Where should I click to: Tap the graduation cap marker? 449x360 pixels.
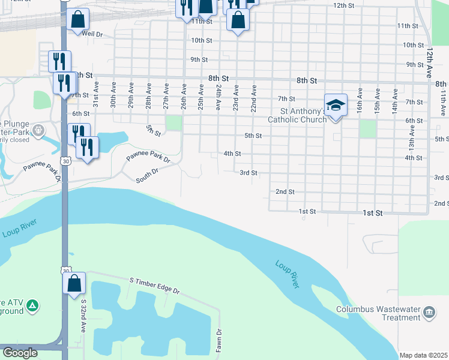pos(336,105)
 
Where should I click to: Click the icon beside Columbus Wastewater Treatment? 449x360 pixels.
pos(429,311)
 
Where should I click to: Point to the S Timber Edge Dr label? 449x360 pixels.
pos(154,286)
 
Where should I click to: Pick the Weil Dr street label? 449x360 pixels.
pos(93,34)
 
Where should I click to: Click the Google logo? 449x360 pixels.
pos(20,353)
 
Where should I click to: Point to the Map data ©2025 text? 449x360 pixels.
pos(424,355)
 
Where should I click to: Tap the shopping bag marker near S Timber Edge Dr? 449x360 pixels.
pos(74,283)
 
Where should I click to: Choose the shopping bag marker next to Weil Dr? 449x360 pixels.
pos(78,19)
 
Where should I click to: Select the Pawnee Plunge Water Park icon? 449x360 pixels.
pos(39,129)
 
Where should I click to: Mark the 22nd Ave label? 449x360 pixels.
pos(254,97)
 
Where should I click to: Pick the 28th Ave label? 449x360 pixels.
pos(148,97)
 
